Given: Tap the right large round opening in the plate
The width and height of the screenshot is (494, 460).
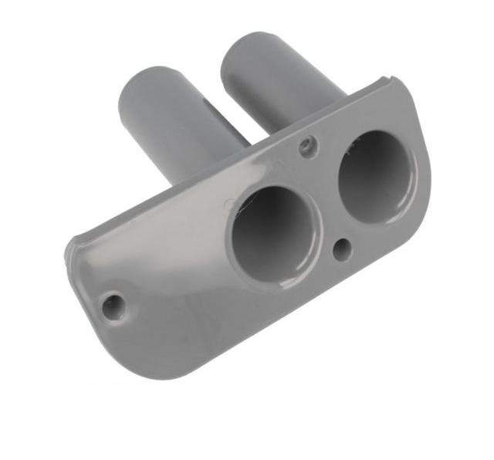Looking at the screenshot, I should click(375, 176).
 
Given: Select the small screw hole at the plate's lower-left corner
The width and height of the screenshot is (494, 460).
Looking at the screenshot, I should click(113, 306).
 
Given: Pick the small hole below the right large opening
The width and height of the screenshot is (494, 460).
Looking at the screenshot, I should click(342, 248).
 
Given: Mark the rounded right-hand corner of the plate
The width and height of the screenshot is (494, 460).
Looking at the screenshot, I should click(421, 193).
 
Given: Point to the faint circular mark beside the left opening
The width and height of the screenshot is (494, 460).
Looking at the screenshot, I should click(229, 205).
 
